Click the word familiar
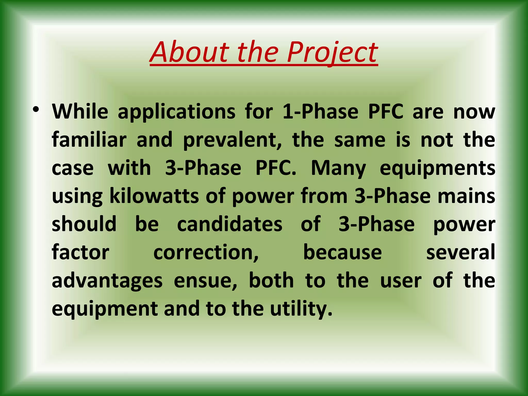[89, 140]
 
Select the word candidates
[230, 224]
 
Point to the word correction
[206, 253]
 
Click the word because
[342, 253]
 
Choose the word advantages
[107, 281]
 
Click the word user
[401, 281]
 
